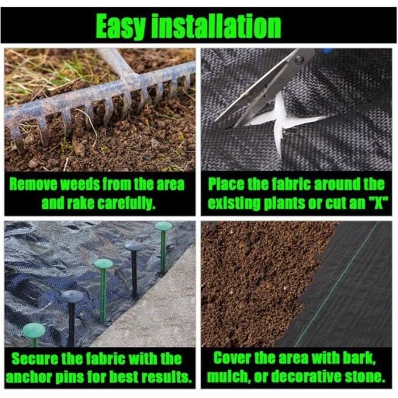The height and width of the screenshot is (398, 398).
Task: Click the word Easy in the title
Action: [121, 27]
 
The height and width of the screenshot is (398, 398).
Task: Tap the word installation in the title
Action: [217, 26]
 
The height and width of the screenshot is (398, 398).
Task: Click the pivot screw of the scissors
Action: [300, 59]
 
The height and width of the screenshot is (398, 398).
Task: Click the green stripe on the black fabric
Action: [337, 284]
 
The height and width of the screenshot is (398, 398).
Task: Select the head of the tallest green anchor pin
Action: [164, 226]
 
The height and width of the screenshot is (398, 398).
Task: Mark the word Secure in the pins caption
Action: [35, 359]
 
